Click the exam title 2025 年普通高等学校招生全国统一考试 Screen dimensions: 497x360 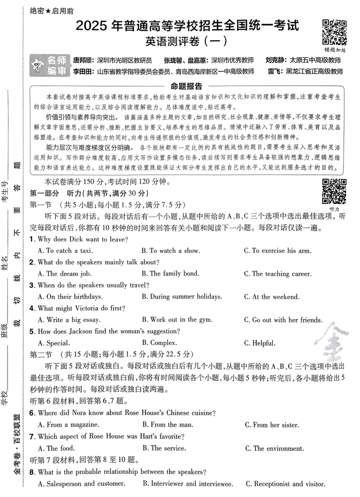pyautogui.click(x=187, y=25)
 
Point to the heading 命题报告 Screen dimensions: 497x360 pyautogui.click(x=186, y=86)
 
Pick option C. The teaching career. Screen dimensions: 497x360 pyautogui.click(x=277, y=273)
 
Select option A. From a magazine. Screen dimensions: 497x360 pyautogui.click(x=70, y=425)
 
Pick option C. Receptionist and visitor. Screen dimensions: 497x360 pyautogui.click(x=285, y=484)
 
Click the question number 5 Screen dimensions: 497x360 pyautogui.click(x=32, y=331)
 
